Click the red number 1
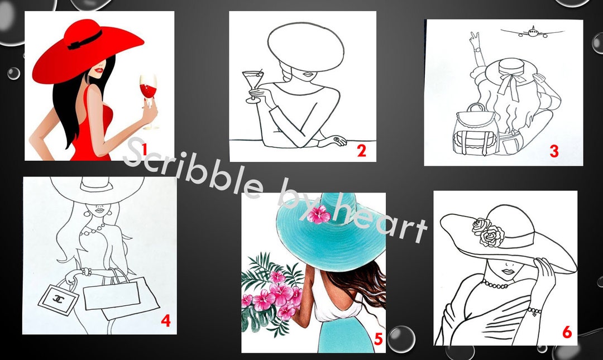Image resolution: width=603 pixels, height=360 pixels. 143,149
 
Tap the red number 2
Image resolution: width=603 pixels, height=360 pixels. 361,151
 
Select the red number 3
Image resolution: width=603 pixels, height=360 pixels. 554,151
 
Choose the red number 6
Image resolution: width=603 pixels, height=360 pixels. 567,333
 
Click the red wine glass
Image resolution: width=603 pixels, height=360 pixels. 148,95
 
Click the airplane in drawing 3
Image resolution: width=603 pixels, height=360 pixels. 532,32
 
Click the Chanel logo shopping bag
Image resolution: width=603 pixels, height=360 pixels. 59,299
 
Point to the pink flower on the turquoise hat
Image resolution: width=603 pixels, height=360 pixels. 319,214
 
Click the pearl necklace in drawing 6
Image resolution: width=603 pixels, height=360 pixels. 495,285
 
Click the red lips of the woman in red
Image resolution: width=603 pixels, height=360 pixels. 99,70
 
